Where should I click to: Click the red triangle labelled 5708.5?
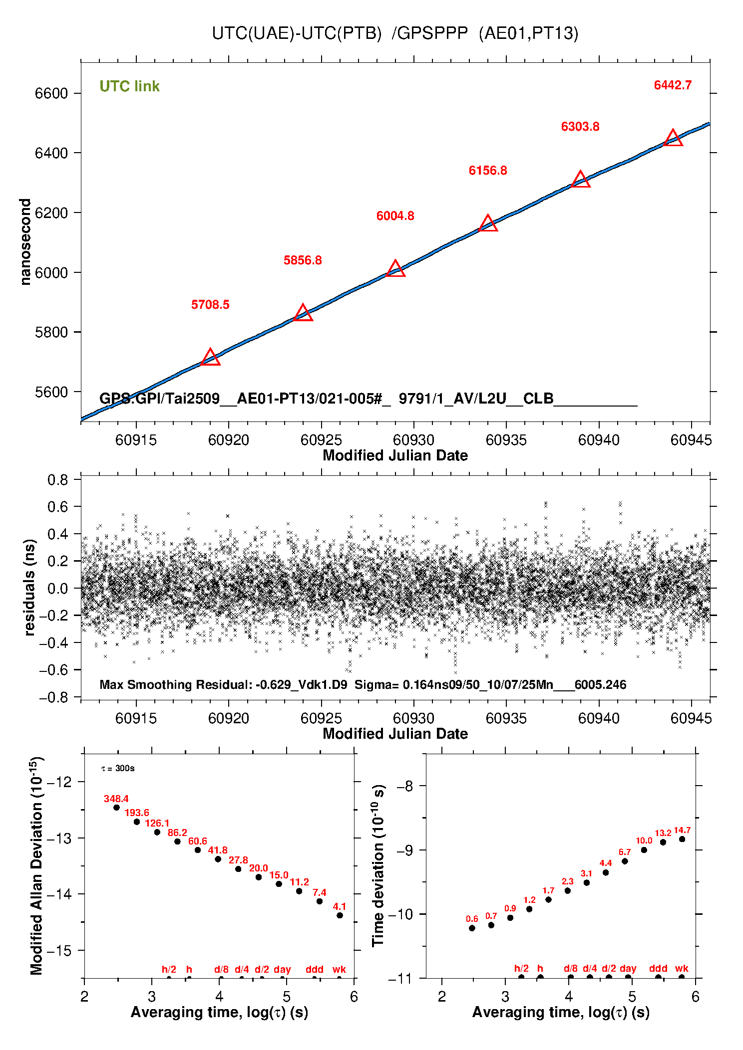[210, 358]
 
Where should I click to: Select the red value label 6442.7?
[673, 85]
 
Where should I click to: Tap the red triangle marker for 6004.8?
[395, 269]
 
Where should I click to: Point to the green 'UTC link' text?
[129, 86]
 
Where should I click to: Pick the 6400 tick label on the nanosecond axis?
[51, 153]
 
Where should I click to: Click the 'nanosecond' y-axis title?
[25, 242]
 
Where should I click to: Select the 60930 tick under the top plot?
[413, 440]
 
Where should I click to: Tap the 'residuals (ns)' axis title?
[29, 587]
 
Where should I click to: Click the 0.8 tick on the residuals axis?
[57, 480]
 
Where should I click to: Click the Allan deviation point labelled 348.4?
[116, 808]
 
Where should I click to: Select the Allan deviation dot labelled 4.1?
[340, 915]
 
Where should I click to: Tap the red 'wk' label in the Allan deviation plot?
[339, 969]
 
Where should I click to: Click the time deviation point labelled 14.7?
[682, 839]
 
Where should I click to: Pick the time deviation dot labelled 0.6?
[472, 928]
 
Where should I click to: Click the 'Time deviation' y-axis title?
[378, 866]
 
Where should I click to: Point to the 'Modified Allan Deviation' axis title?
[36, 865]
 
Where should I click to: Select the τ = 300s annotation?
[118, 768]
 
